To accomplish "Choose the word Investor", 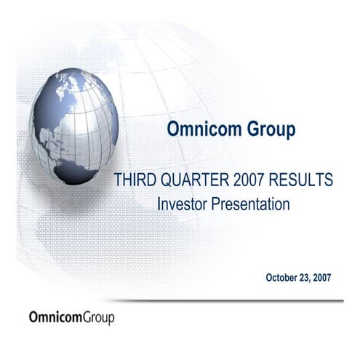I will tap(183, 204).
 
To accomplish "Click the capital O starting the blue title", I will tap(173, 131).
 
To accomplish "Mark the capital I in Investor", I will tap(159, 204).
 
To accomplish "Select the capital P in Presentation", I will tap(214, 204).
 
